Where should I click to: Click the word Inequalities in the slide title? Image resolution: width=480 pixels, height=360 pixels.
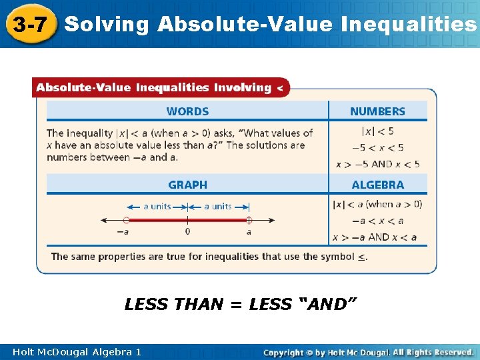pos(409,25)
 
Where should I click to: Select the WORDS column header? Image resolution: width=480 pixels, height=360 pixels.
pos(187,111)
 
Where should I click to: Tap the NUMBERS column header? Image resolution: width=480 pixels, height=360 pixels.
pos(377,111)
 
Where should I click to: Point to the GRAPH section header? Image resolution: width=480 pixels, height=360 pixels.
pos(187,185)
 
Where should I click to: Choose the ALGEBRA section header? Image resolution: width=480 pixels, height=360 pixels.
pos(377,185)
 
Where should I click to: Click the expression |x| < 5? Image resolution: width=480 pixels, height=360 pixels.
pos(377,131)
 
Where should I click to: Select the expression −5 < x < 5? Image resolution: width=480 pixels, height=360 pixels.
pos(377,147)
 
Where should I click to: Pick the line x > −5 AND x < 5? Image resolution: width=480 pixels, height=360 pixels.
pos(377,163)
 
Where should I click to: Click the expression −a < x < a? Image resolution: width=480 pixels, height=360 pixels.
pos(377,221)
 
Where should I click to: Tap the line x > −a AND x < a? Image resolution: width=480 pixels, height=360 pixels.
pos(377,237)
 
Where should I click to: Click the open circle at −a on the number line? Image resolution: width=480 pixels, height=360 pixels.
pos(126,219)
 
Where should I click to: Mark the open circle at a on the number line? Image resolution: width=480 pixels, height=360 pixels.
pos(249,219)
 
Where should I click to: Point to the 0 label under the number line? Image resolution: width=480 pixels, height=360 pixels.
pos(187,232)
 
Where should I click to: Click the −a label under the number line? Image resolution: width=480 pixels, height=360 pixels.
pos(123,232)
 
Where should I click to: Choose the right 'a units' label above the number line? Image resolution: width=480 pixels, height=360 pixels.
pos(218,206)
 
